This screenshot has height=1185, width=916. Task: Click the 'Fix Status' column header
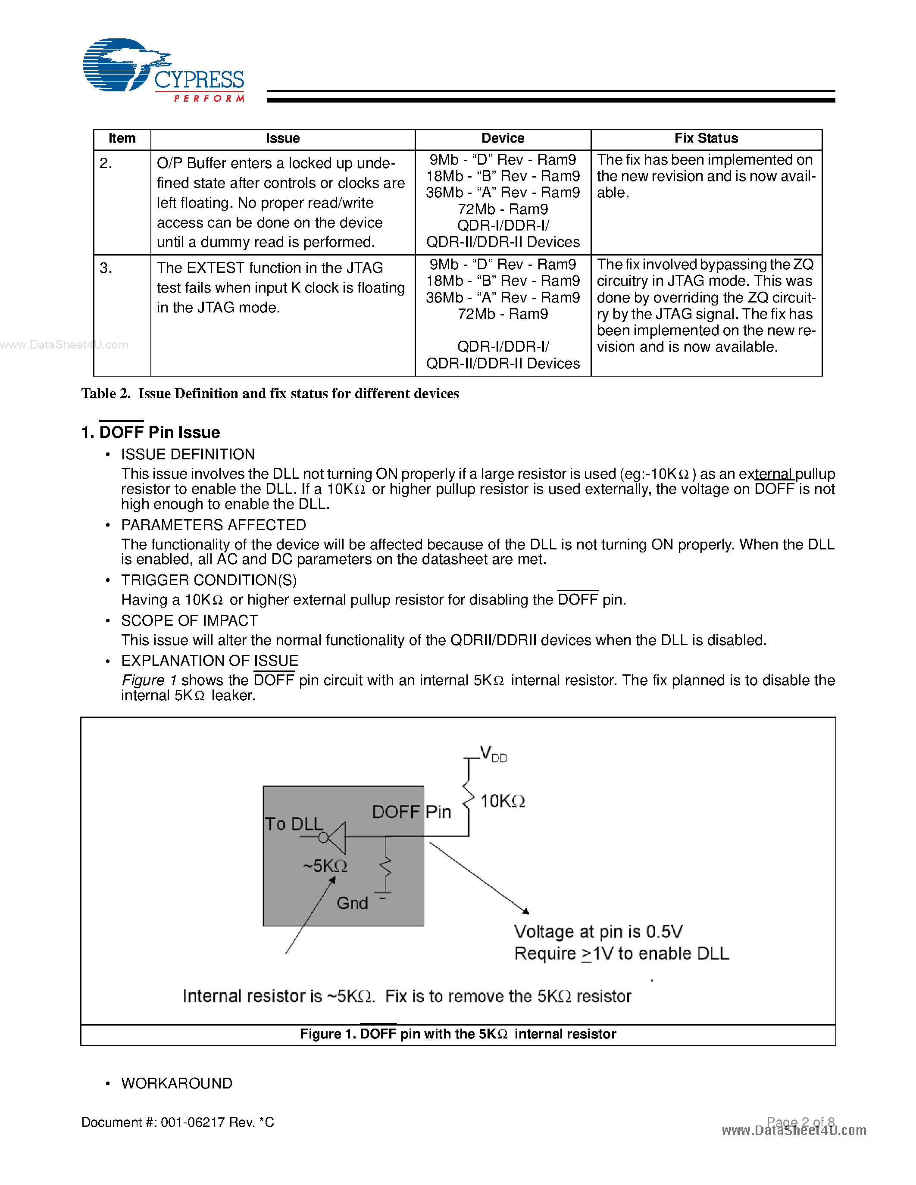(x=706, y=138)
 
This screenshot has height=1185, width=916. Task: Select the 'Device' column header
(x=503, y=138)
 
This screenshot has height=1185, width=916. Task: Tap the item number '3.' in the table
(x=106, y=268)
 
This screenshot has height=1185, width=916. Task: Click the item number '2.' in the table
(x=106, y=163)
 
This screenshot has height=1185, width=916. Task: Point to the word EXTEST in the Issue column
(x=216, y=268)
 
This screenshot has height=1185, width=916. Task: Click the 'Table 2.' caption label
(x=106, y=393)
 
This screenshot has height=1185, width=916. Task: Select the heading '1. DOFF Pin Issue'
(x=151, y=433)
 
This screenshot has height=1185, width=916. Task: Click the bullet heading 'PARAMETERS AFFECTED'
(x=213, y=525)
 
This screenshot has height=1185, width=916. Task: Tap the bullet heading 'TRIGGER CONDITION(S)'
(x=209, y=580)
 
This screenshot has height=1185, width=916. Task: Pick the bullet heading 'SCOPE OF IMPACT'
(x=189, y=621)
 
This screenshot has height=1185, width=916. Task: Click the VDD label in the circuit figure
(x=493, y=754)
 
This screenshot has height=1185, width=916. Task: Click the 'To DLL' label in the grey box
(x=294, y=823)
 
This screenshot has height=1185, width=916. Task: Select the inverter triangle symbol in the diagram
(x=337, y=837)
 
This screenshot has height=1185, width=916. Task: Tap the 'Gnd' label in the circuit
(x=352, y=903)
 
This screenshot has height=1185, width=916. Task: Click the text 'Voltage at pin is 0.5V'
(x=598, y=932)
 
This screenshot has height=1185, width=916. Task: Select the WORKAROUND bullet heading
(x=177, y=1084)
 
